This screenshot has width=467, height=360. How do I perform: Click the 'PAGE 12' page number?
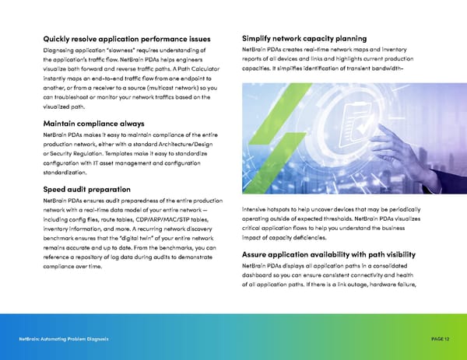pyautogui.click(x=441, y=340)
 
